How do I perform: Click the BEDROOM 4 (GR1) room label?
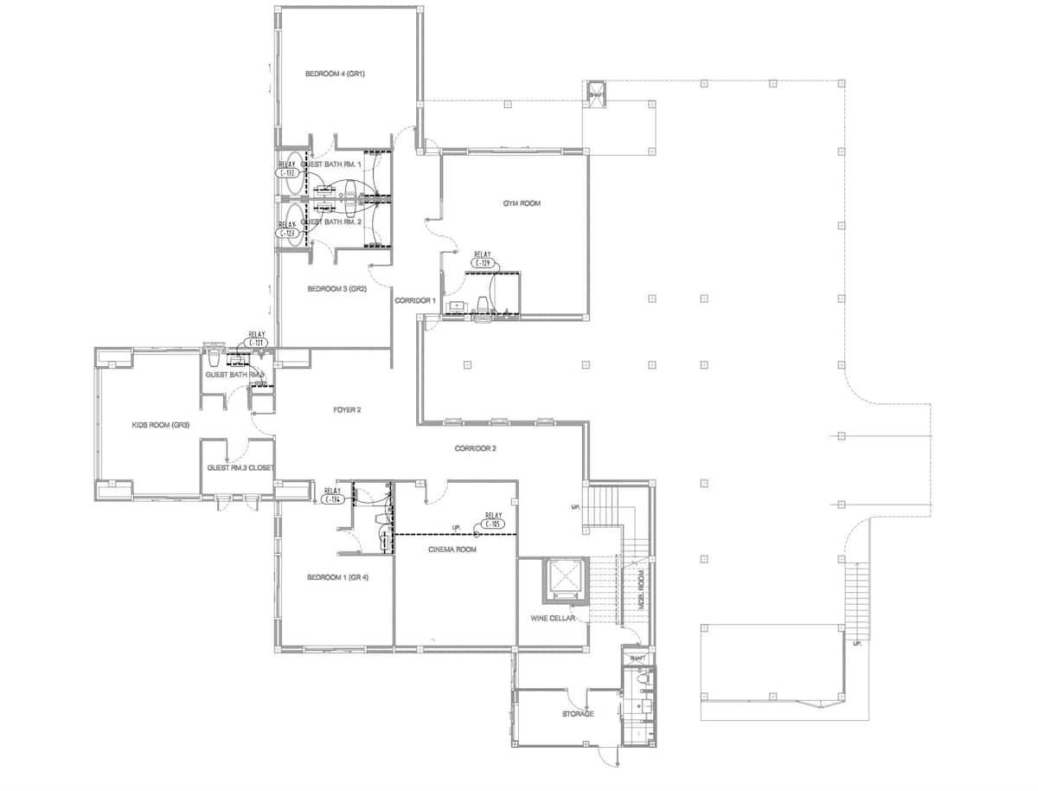(335, 74)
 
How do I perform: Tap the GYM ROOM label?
(522, 203)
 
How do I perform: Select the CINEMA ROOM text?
(452, 550)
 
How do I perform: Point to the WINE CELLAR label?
(554, 619)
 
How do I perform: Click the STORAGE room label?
(578, 714)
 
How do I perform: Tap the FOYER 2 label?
(347, 408)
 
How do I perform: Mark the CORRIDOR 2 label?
(475, 448)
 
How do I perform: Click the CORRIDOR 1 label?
(414, 300)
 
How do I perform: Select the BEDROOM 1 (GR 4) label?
(337, 577)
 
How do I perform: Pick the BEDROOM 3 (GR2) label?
(337, 288)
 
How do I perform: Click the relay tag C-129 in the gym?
(483, 262)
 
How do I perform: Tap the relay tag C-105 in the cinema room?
(493, 524)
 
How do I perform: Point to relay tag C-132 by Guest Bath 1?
(287, 173)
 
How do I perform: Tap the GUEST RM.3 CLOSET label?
(240, 468)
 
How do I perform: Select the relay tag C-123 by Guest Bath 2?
(287, 233)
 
